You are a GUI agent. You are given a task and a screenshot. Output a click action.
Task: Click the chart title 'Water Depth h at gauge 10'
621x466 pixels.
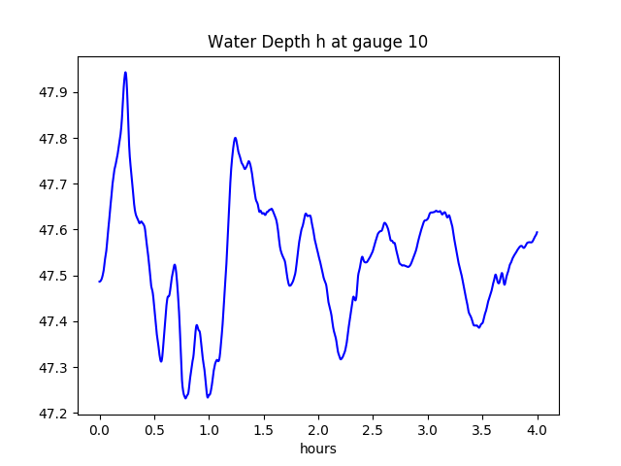tap(317, 42)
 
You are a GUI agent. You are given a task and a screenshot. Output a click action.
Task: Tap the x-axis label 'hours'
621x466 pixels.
tap(317, 449)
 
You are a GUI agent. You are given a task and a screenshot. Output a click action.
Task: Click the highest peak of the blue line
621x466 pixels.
tap(125, 72)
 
